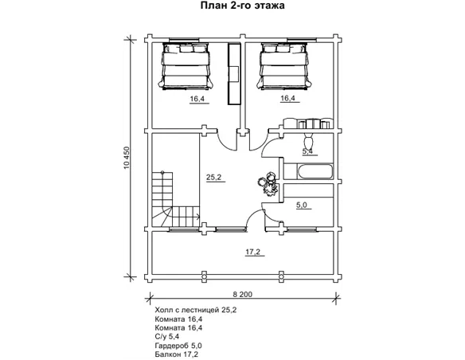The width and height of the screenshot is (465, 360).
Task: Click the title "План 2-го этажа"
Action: click(242, 6)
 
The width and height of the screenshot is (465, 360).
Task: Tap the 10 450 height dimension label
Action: click(127, 158)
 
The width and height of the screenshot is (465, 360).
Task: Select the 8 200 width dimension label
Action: click(243, 294)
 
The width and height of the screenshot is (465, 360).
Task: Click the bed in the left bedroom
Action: click(186, 66)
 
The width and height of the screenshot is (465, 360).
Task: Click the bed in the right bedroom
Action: click(284, 66)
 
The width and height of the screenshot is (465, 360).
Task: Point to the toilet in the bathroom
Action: click(308, 141)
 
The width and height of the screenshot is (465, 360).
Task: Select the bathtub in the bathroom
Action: click(315, 172)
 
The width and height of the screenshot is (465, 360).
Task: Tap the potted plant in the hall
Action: click(268, 185)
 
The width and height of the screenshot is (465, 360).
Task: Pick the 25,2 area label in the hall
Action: click(214, 178)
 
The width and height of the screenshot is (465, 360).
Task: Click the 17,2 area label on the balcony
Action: click(252, 252)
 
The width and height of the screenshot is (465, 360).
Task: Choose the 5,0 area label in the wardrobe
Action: click(302, 205)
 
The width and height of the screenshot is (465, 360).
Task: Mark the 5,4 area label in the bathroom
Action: click(307, 151)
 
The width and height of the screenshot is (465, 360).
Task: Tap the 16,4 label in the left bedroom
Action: click(197, 99)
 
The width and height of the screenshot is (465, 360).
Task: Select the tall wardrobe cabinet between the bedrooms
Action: click(234, 74)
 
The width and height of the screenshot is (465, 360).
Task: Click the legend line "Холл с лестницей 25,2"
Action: click(196, 310)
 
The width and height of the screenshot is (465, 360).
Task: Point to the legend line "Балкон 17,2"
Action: click(177, 354)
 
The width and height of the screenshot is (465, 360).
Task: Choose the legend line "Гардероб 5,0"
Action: click(178, 346)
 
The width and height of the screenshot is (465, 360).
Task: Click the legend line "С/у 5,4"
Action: click(166, 337)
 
